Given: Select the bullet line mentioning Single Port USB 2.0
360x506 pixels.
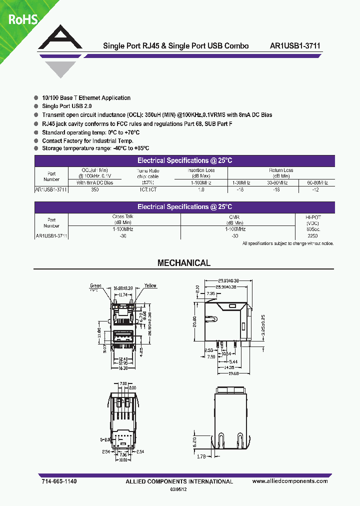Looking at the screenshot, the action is (x=67, y=106).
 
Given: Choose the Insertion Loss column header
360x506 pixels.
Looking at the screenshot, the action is (x=201, y=173).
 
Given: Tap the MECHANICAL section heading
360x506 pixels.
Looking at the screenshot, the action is (x=184, y=263).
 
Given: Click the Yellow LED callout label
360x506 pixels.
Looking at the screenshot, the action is (x=150, y=286).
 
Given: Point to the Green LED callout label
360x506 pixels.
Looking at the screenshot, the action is (x=95, y=286).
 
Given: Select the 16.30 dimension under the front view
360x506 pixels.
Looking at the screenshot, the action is (x=122, y=367).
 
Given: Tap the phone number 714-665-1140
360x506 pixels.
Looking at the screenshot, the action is (x=59, y=481).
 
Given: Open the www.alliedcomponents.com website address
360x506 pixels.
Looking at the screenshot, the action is (x=290, y=481).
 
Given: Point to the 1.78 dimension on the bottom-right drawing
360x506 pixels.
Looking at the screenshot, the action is (x=201, y=456).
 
